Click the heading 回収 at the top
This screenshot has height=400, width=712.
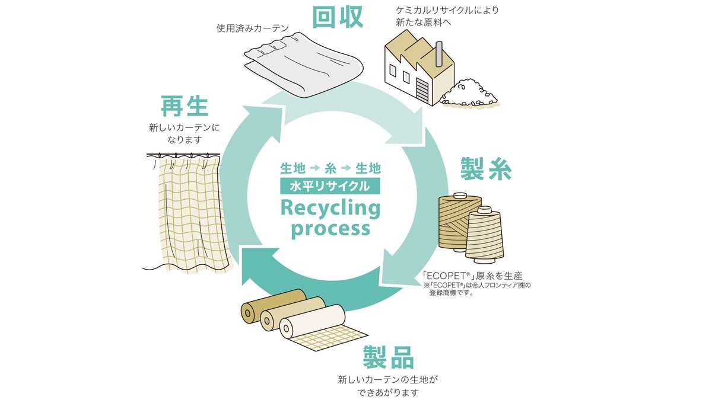pyautogui.click(x=338, y=18)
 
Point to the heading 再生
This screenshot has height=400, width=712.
pyautogui.click(x=185, y=107)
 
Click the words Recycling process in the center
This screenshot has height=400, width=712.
pyautogui.click(x=330, y=217)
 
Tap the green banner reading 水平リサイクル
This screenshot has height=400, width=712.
pyautogui.click(x=330, y=186)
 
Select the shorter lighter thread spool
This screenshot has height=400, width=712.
pyautogui.click(x=484, y=234)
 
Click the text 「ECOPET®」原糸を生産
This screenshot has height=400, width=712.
pyautogui.click(x=473, y=276)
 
